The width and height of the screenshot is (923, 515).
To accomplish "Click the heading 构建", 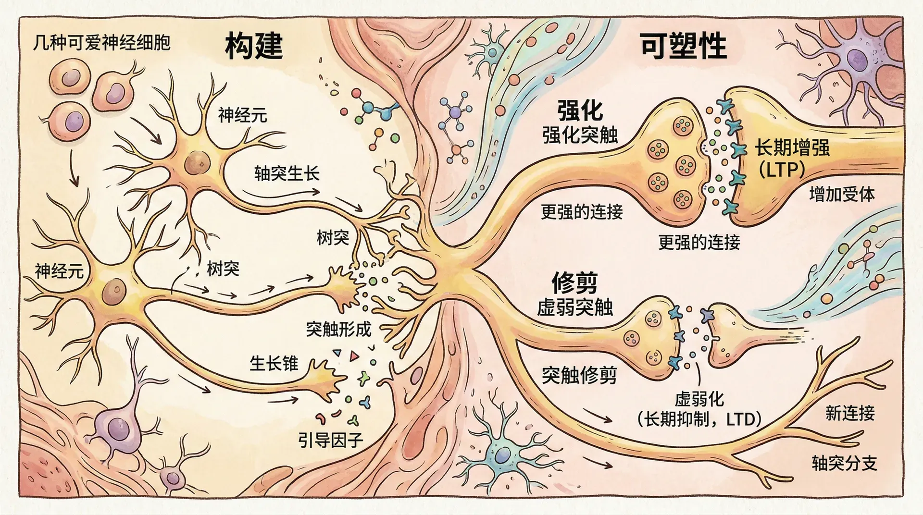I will (254, 46).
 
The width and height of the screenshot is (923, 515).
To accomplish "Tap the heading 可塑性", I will (683, 47).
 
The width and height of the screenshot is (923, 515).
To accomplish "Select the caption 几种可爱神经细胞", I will (101, 43).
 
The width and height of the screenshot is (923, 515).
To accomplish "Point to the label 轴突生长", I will (287, 173).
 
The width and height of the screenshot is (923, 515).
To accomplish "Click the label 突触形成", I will (338, 329).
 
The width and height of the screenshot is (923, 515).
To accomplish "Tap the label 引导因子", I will (330, 440).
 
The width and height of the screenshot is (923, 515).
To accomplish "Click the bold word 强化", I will (580, 111).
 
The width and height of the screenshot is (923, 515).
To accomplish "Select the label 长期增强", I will (792, 148).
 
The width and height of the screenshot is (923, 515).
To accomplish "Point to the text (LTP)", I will (782, 169).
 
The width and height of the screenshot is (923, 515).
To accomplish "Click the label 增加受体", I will (842, 195).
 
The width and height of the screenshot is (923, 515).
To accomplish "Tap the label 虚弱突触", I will (575, 308).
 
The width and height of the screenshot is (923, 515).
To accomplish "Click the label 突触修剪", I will (579, 375).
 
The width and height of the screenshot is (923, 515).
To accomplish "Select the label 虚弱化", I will (699, 399).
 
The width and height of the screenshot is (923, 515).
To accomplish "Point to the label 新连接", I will (850, 413).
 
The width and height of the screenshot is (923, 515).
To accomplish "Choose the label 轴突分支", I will (844, 463).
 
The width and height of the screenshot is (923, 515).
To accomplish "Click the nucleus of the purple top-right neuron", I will (855, 61).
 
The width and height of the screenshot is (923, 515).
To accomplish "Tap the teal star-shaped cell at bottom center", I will (502, 454).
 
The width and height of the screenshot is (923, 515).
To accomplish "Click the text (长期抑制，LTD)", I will (699, 420).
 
